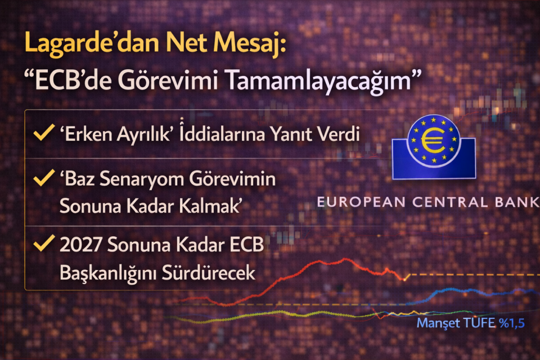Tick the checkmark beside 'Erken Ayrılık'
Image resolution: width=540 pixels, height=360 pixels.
click(x=41, y=134)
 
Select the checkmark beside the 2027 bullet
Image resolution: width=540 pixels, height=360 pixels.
click(x=41, y=245)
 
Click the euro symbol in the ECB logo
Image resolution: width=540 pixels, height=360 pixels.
click(x=433, y=141)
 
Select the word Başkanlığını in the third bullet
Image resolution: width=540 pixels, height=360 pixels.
click(x=106, y=273)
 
